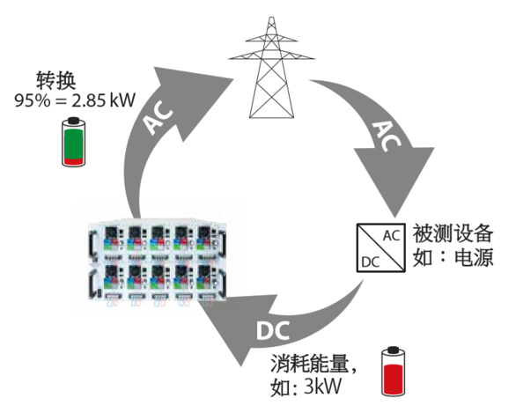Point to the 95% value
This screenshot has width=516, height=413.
[x=32, y=99]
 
